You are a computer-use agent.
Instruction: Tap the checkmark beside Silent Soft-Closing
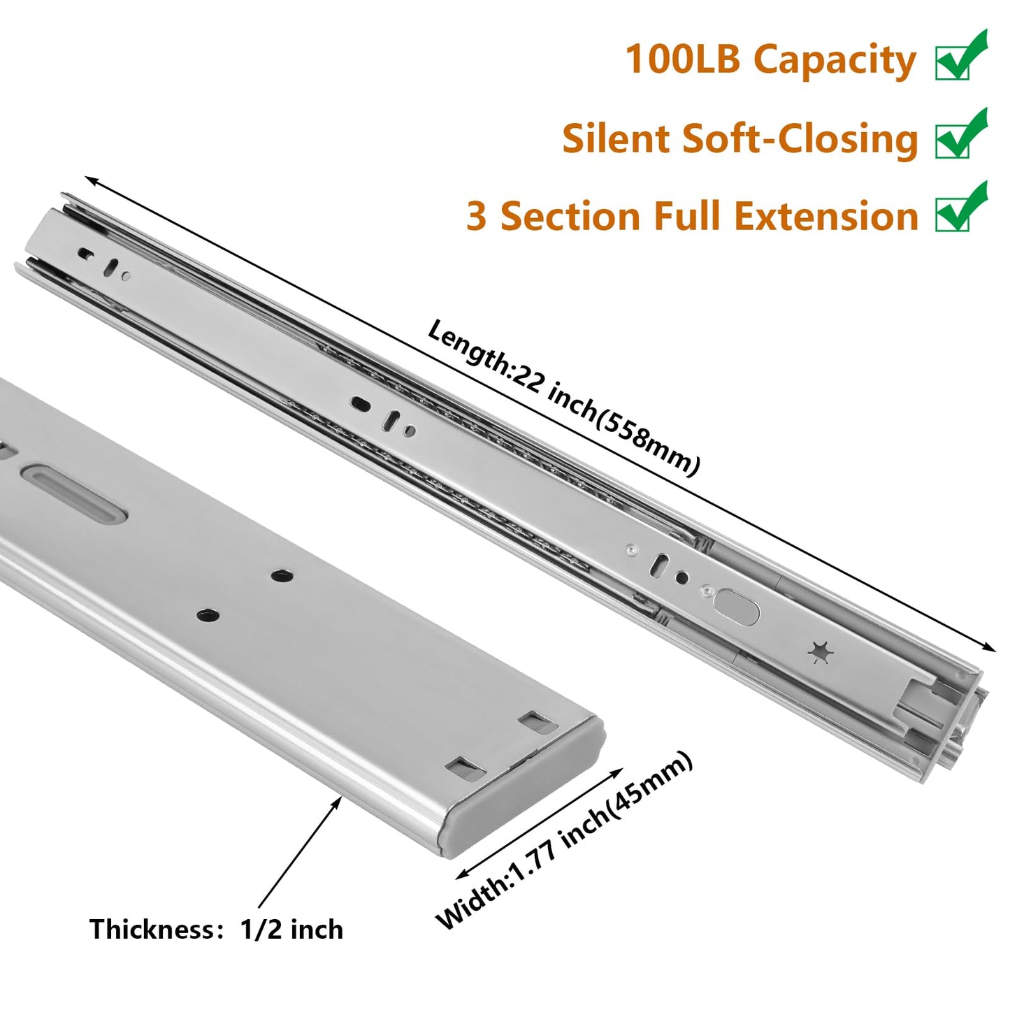pyautogui.click(x=961, y=136)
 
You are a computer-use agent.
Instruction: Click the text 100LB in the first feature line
pyautogui.click(x=682, y=59)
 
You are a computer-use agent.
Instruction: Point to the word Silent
pyautogui.click(x=616, y=138)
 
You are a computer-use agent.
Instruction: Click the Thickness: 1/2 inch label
pyautogui.click(x=216, y=930)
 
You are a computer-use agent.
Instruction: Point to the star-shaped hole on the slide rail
pyautogui.click(x=821, y=652)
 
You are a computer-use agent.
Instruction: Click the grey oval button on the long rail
pyautogui.click(x=737, y=607)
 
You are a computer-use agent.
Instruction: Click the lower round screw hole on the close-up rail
pyautogui.click(x=208, y=616)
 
